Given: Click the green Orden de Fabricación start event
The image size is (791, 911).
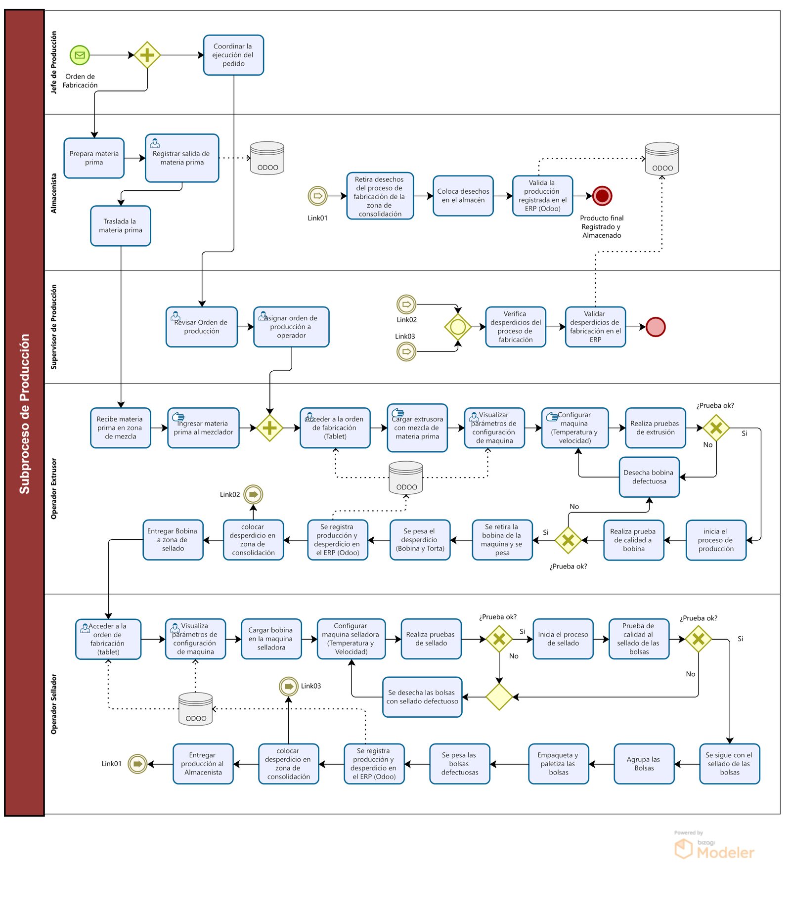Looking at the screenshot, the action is pyautogui.click(x=80, y=55).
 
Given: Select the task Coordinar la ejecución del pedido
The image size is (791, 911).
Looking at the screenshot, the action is pyautogui.click(x=233, y=55).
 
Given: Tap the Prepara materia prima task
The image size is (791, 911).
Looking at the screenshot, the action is pyautogui.click(x=94, y=158).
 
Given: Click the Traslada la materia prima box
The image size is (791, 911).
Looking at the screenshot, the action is pyautogui.click(x=121, y=225).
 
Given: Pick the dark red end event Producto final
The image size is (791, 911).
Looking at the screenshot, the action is pyautogui.click(x=602, y=196).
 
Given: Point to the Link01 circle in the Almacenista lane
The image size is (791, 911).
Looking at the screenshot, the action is pyautogui.click(x=317, y=196).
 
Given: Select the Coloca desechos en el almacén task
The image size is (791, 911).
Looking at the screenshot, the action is pyautogui.click(x=463, y=196).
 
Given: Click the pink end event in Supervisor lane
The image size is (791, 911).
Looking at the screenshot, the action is pyautogui.click(x=656, y=327).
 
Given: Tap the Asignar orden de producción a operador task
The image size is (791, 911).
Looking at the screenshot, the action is pyautogui.click(x=291, y=327).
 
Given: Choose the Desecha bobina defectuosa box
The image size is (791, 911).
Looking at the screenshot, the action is pyautogui.click(x=649, y=477).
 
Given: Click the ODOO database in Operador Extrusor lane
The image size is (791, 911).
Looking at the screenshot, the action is pyautogui.click(x=406, y=477).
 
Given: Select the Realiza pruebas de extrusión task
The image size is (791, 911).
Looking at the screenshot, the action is pyautogui.click(x=655, y=428).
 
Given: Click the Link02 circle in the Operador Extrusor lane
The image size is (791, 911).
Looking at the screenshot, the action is pyautogui.click(x=253, y=494).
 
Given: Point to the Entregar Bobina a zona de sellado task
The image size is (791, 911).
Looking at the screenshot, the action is pyautogui.click(x=173, y=540).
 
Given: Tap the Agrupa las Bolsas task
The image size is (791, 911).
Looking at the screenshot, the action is pyautogui.click(x=644, y=764).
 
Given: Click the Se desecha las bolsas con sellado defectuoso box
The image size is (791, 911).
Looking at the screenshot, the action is pyautogui.click(x=422, y=697).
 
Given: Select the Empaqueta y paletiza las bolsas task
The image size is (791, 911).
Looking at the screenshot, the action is pyautogui.click(x=559, y=764).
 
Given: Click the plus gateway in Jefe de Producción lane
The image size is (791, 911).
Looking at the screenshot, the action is pyautogui.click(x=147, y=55).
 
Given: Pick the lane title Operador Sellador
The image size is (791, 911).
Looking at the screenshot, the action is pyautogui.click(x=54, y=704).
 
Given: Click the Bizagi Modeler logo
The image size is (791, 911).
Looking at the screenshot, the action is pyautogui.click(x=714, y=846).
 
